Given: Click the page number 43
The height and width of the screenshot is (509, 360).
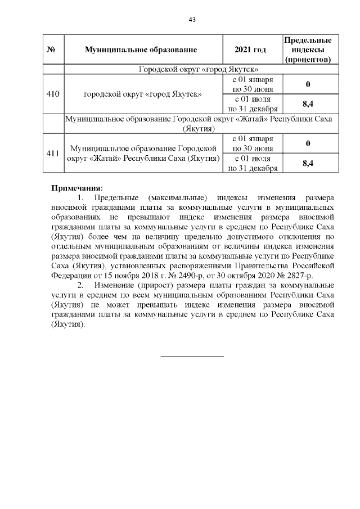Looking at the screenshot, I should click(192, 20).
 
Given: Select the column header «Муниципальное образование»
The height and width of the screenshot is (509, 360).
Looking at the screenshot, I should click(143, 50).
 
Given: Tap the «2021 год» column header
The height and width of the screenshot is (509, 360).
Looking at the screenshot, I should click(253, 50).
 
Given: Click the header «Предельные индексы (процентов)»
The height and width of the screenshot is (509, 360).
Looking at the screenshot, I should click(307, 49).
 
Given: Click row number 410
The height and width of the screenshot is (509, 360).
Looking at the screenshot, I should click(54, 94).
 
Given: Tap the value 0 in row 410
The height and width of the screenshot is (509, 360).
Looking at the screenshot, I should click(308, 84).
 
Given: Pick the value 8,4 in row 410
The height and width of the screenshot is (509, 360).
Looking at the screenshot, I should click(308, 104).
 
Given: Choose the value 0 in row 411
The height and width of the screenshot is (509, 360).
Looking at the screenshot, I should click(308, 143).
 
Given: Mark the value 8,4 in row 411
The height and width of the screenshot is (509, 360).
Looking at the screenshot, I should click(308, 163).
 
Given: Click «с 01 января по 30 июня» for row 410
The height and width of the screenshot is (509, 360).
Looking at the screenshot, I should click(253, 84).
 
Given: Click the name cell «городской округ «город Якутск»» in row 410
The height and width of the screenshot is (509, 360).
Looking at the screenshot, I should click(143, 94).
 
